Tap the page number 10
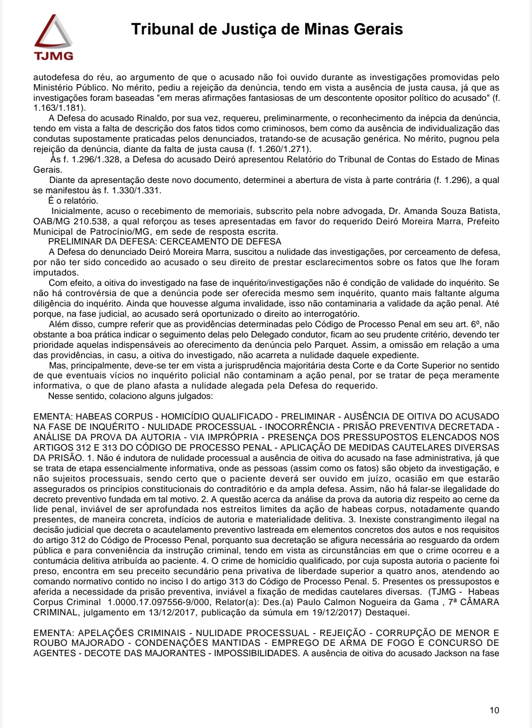coord(494,710)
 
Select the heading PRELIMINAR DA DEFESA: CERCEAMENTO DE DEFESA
coord(165,242)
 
